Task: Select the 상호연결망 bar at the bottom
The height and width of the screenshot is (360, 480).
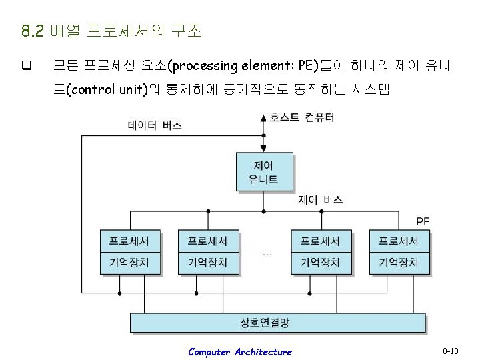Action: (x=277, y=323)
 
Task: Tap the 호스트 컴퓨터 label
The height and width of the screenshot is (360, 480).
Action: (x=302, y=118)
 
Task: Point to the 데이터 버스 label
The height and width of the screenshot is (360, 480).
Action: (x=155, y=125)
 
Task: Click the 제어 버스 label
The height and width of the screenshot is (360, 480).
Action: (x=320, y=199)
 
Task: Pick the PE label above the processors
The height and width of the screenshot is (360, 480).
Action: (x=423, y=221)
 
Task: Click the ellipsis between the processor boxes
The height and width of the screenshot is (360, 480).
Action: (x=267, y=254)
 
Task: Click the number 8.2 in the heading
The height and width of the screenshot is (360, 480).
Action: (x=32, y=31)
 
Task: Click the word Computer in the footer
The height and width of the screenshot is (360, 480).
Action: (x=209, y=352)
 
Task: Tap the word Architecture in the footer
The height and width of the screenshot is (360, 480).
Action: (x=263, y=352)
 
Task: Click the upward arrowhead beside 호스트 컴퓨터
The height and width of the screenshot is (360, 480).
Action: (x=264, y=118)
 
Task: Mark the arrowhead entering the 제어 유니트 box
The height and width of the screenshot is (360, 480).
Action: (x=264, y=149)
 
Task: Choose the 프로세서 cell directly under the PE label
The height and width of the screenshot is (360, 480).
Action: (x=399, y=241)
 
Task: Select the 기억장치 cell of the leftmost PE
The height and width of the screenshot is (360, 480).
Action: (x=129, y=263)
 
